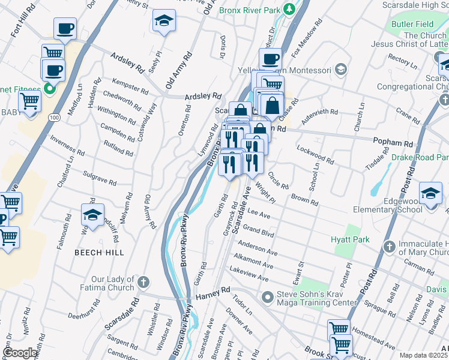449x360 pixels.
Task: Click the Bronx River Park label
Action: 250,10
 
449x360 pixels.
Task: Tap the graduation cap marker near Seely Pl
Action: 164,21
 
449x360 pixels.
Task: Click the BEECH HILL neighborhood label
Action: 100,253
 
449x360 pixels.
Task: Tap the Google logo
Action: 20,353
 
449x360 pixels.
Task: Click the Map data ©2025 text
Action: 423,355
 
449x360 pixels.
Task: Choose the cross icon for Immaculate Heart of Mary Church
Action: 389,246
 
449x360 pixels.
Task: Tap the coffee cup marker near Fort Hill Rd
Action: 64,28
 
